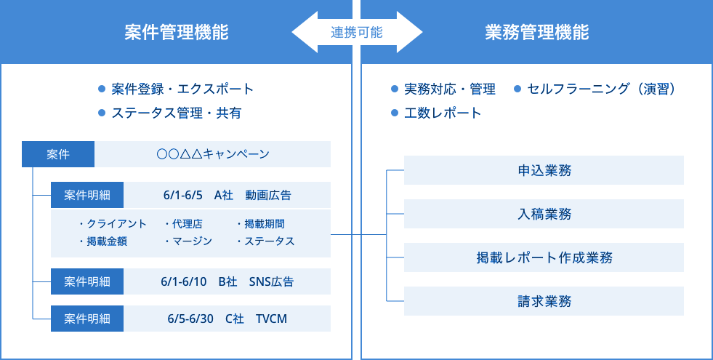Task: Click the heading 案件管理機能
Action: (176, 33)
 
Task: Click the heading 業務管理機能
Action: (536, 33)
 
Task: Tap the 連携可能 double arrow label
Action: (357, 33)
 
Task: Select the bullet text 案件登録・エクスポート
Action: (182, 89)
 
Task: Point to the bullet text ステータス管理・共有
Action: (177, 113)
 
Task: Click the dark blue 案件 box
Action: (58, 154)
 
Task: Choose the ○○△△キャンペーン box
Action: (213, 154)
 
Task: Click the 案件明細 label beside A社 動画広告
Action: (87, 195)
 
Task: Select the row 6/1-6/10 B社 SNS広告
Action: (227, 281)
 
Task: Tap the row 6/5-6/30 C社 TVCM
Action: (227, 319)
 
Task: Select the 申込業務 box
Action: (544, 171)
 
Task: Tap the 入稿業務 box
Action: (544, 214)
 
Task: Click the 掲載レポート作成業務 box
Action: (544, 257)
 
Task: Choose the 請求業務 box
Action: (544, 301)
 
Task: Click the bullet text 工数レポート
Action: (443, 113)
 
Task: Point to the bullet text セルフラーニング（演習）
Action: (603, 89)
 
